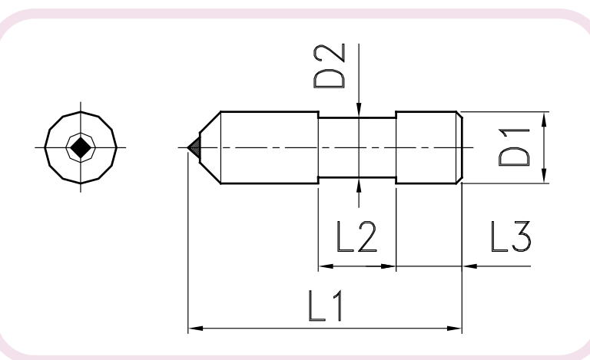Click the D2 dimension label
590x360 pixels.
pos(330,66)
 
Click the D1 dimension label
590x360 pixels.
pos(514,147)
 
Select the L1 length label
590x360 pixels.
pos(326,306)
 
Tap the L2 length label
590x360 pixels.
pos(356,236)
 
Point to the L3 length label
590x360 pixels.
pos(511,236)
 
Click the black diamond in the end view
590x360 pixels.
pos(81,147)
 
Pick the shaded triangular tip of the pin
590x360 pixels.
pos(194,147)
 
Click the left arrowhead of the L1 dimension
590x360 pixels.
pos(196,329)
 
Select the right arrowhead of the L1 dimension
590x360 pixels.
pos(454,329)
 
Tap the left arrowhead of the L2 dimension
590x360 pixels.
pos(326,266)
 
